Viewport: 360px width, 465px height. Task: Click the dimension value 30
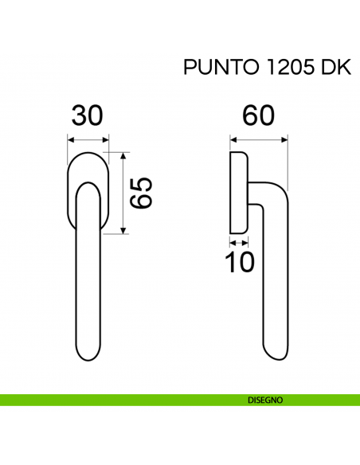click(x=88, y=116)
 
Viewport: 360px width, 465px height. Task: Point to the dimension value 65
click(x=141, y=193)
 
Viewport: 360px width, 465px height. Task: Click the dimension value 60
click(x=259, y=116)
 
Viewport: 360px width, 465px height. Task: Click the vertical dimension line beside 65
click(x=123, y=193)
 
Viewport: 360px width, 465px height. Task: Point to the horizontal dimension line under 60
click(x=259, y=139)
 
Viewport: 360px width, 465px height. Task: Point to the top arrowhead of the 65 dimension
click(x=123, y=156)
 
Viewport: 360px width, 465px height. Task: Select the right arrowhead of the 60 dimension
click(x=284, y=139)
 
